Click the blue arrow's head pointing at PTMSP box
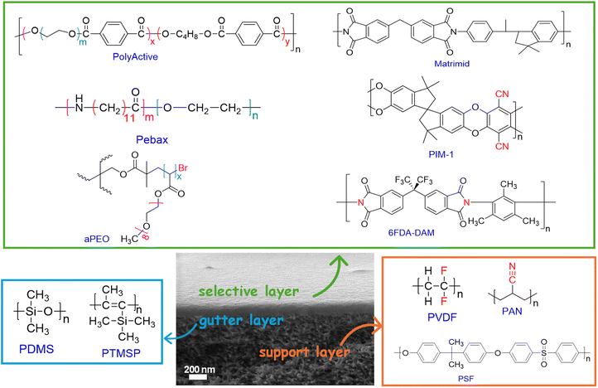point(167,337)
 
